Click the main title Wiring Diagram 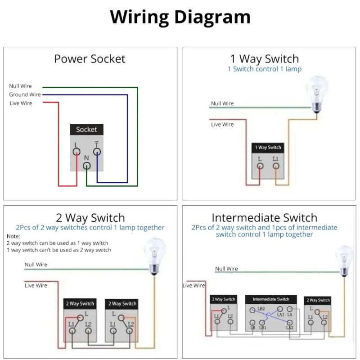(180, 17)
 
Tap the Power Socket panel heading (90, 59)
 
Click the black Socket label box (86, 130)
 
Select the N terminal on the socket (87, 165)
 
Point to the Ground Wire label (25, 95)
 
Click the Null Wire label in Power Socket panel (20, 86)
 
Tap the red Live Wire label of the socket (21, 103)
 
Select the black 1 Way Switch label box (268, 148)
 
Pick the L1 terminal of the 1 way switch (275, 165)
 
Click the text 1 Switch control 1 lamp (265, 69)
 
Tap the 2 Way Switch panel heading (90, 219)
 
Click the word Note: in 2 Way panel (13, 236)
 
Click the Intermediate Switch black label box (271, 299)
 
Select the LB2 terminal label (261, 309)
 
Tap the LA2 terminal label (289, 328)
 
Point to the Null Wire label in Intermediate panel (226, 269)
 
